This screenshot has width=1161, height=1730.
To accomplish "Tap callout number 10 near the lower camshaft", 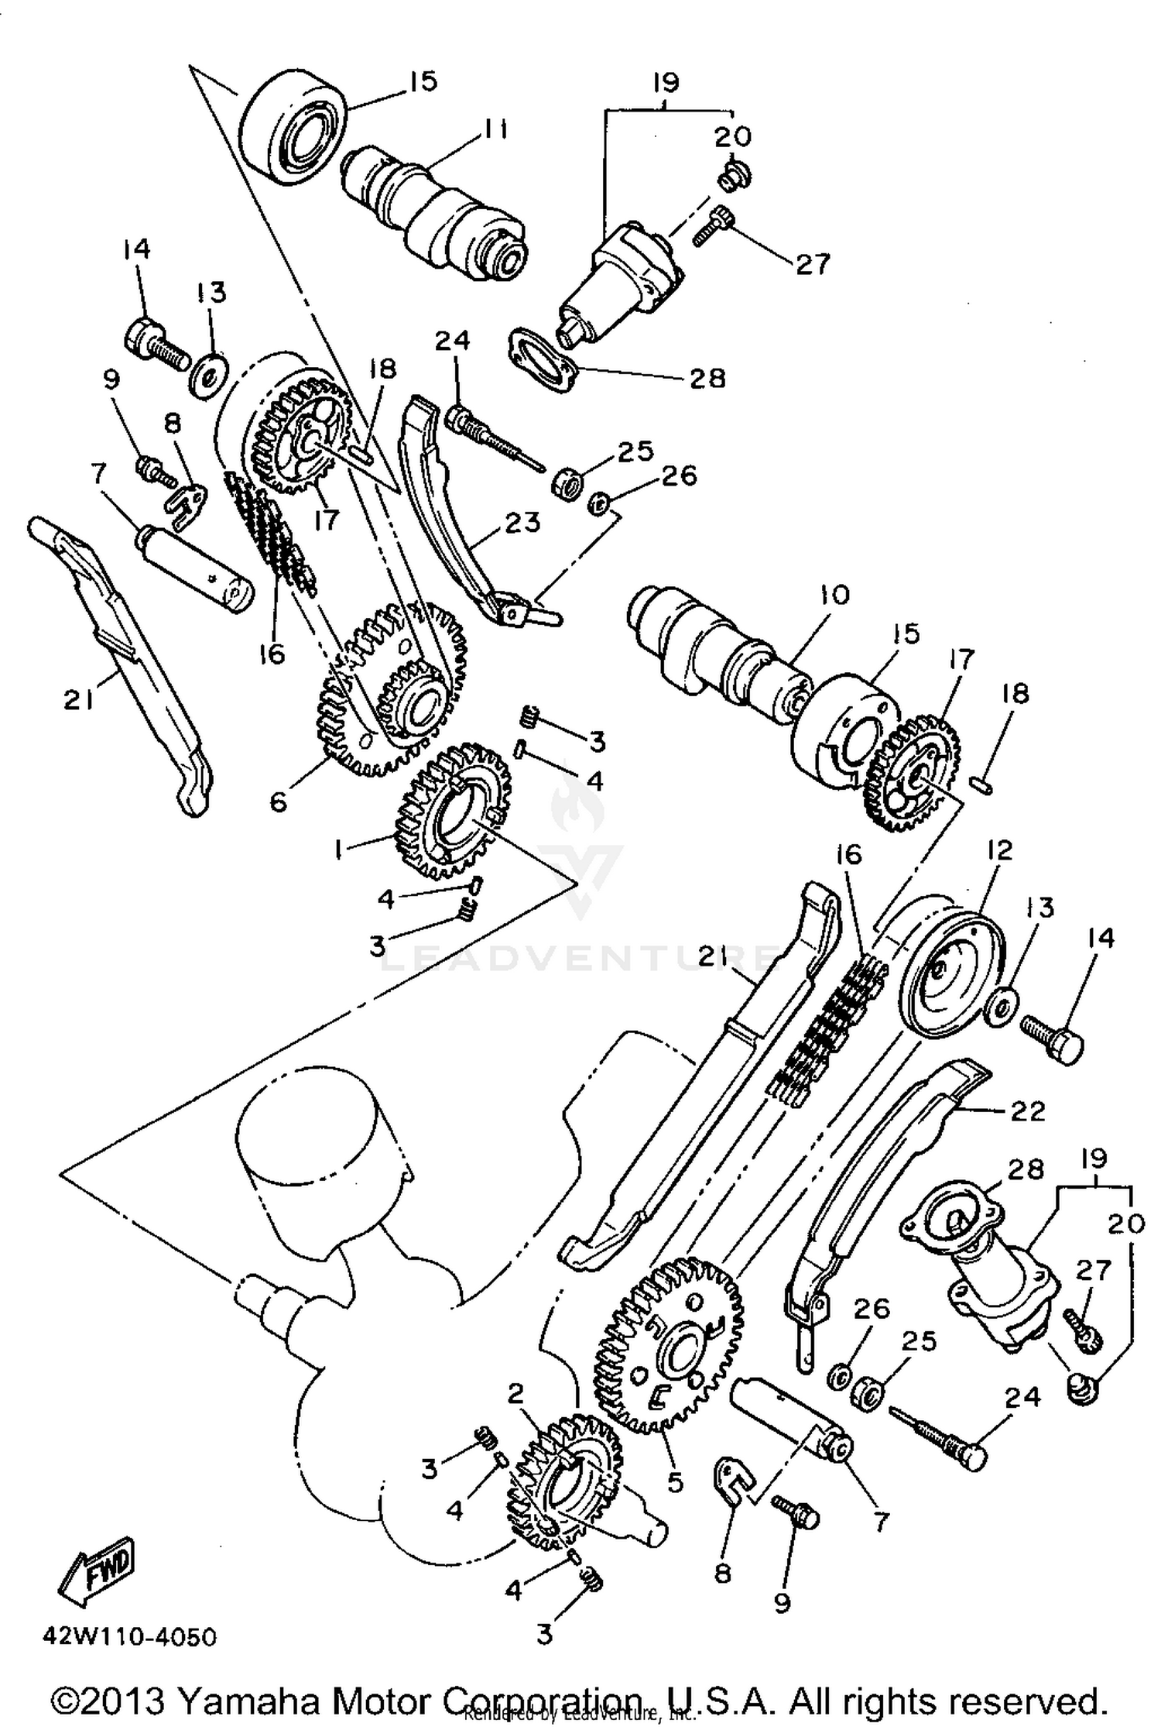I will point(833,595).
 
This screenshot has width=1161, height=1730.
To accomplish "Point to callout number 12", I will point(999,850).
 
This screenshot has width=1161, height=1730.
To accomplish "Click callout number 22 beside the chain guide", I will point(1027,1111).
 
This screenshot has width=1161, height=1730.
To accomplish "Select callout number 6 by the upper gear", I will point(279,801).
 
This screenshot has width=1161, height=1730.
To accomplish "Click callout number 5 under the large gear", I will point(675,1482).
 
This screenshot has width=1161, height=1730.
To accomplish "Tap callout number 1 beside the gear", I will point(338,850).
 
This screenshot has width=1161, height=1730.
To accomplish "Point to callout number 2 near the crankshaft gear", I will point(517,1394).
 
